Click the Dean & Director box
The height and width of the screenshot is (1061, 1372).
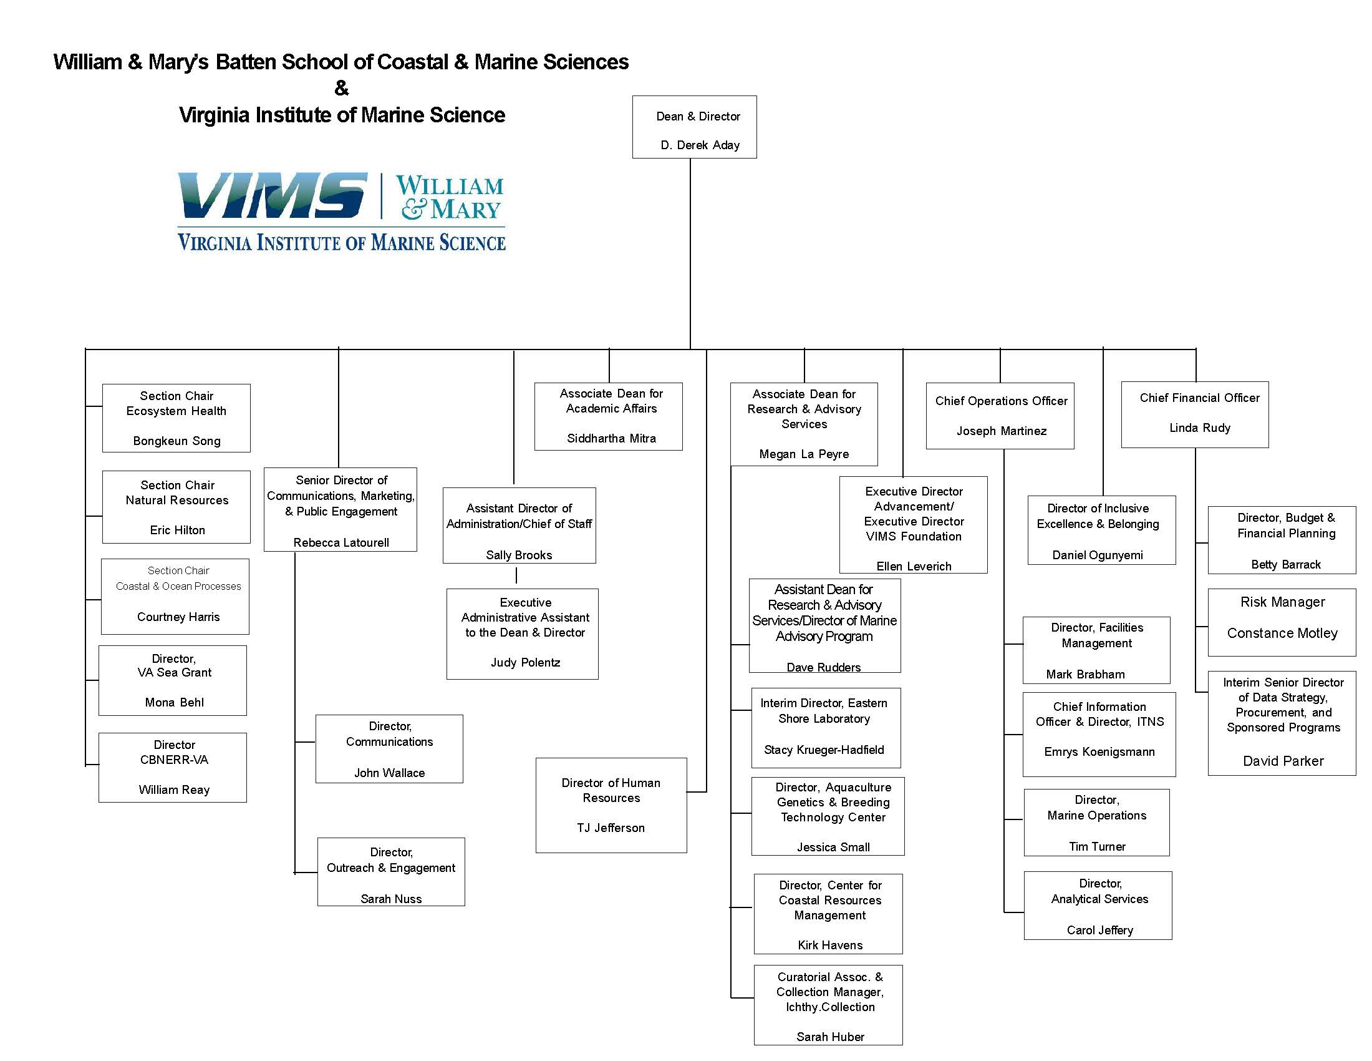tap(694, 127)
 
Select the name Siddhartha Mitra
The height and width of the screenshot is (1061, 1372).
tap(611, 438)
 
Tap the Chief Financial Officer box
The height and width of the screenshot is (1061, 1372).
tap(1194, 414)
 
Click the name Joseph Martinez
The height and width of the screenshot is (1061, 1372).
tap(1001, 431)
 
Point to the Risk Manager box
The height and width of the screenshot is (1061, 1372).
tap(1282, 622)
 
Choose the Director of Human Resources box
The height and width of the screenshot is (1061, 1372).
tap(611, 804)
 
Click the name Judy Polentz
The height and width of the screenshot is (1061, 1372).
tap(525, 662)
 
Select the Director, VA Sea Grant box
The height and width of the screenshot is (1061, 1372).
tap(173, 680)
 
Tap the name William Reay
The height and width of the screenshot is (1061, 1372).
tap(174, 790)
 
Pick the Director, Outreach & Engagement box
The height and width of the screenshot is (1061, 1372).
tap(391, 871)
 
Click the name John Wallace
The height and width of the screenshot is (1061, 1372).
tap(389, 773)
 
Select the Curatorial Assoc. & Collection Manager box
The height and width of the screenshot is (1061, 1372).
tap(828, 1004)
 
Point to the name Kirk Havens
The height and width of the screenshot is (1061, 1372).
tap(830, 945)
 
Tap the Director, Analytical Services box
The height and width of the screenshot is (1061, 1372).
tap(1098, 905)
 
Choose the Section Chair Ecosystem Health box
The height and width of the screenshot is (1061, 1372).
tap(176, 418)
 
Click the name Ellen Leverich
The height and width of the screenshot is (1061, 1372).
tap(914, 565)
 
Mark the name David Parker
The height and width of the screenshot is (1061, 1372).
tap(1283, 761)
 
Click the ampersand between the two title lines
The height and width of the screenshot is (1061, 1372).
tap(341, 88)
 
